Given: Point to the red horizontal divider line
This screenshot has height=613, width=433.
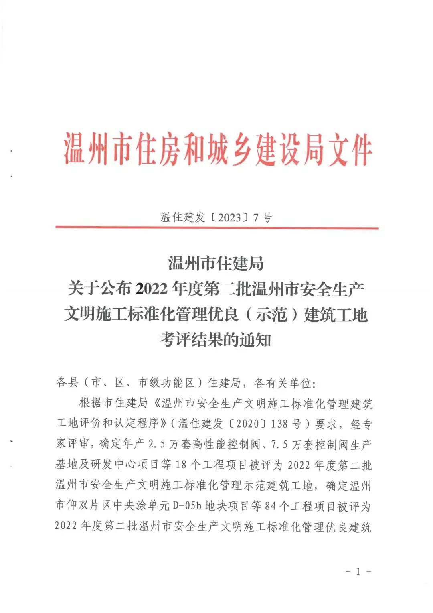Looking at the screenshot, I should [x=217, y=228].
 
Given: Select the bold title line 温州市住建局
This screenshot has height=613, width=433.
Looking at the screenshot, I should [x=216, y=264].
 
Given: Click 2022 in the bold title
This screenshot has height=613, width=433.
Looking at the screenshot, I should [x=152, y=288].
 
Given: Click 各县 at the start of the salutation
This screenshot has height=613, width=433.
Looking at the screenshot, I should [x=67, y=382].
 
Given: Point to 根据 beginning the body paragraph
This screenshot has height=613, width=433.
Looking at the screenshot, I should [x=91, y=403].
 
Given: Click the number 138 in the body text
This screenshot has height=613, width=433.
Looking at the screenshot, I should [x=279, y=424].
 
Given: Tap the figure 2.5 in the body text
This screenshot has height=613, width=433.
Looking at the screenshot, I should [x=157, y=444].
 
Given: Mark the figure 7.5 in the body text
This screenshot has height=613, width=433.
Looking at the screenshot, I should [x=279, y=445].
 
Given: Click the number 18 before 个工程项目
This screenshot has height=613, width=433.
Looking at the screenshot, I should [x=181, y=465].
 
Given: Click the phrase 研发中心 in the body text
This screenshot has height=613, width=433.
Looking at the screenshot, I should [x=114, y=465].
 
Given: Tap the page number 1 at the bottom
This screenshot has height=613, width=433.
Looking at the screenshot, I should [x=358, y=571].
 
